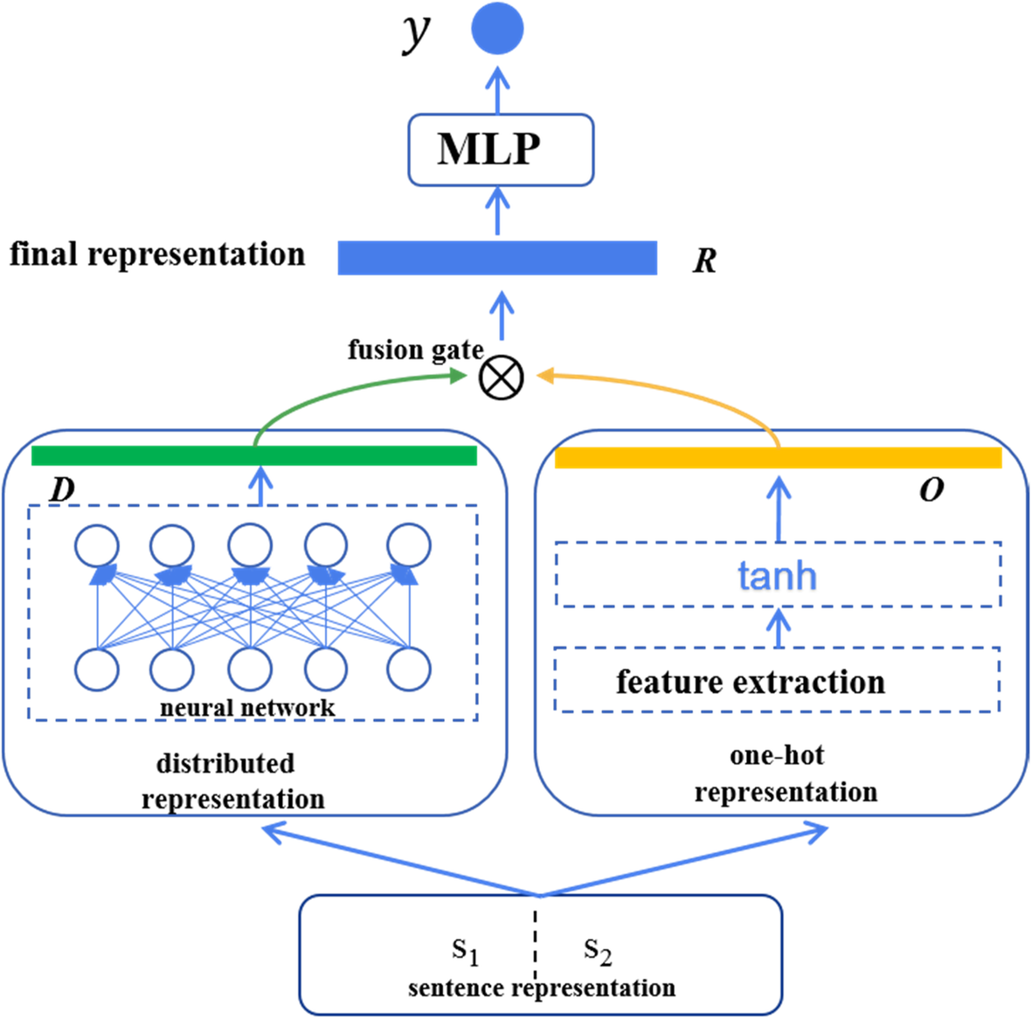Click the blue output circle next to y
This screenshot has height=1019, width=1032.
point(497,28)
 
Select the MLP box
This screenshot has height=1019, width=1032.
point(501,149)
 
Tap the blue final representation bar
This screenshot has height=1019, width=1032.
point(497,258)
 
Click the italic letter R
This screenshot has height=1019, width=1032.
point(704,260)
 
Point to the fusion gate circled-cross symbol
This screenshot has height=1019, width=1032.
point(502,378)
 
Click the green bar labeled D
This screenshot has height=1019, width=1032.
point(254,455)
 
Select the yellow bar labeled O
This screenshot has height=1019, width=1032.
point(779,457)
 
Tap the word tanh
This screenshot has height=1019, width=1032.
point(778,575)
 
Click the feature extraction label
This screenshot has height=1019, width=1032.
point(751,682)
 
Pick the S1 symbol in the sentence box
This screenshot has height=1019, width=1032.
point(466,952)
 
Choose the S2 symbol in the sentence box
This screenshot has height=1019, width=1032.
point(598,952)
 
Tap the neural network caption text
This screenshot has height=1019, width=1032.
point(247,708)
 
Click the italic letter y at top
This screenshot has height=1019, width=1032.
point(417,32)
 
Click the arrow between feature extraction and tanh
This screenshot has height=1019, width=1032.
point(779,627)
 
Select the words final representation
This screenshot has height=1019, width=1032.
point(157,254)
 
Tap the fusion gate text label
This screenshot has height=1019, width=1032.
point(415,350)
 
